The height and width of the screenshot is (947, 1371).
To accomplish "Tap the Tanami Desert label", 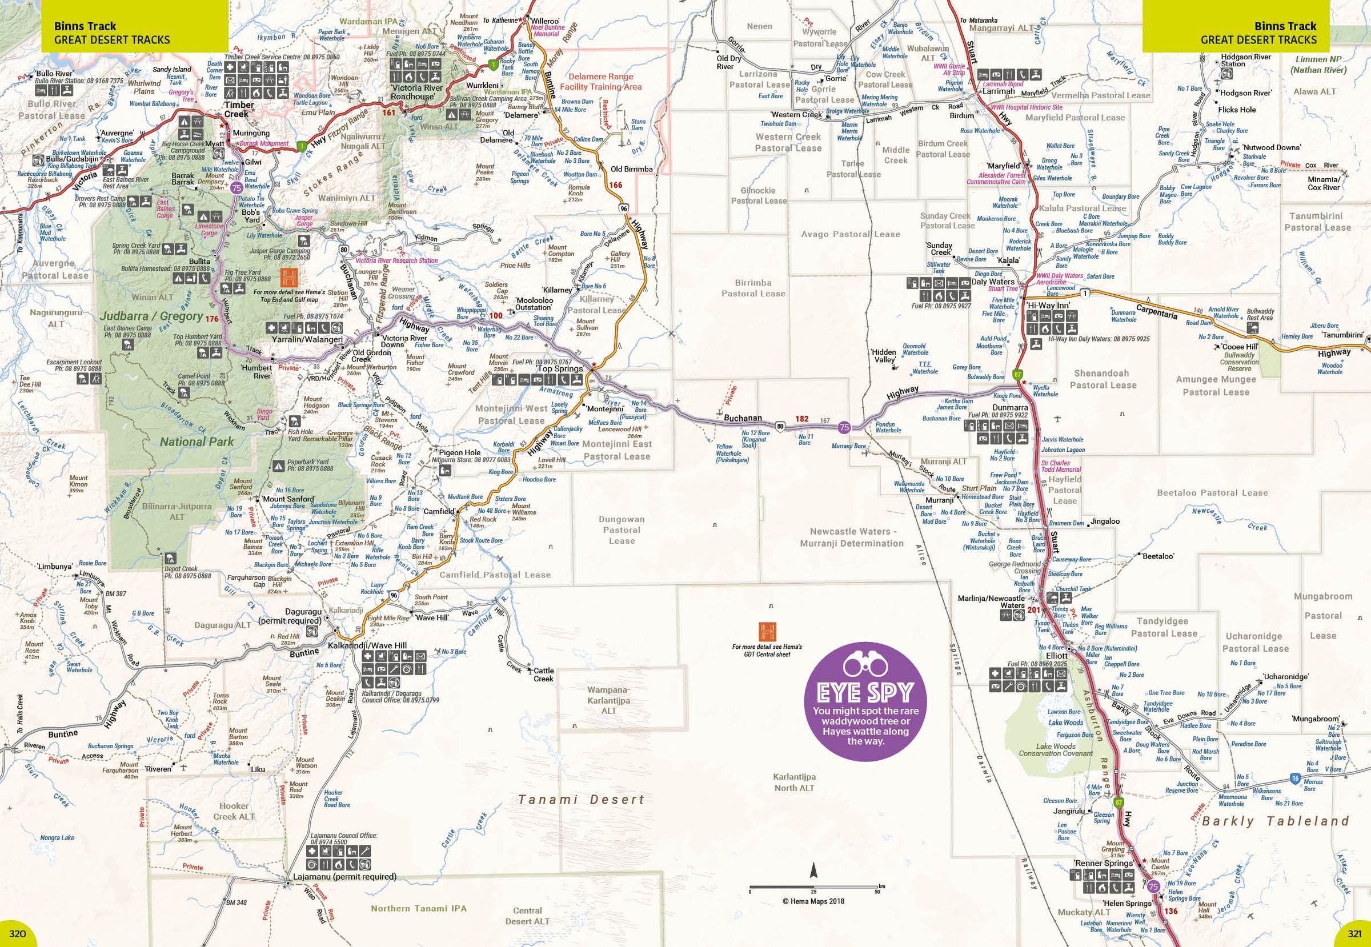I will coord(582,800).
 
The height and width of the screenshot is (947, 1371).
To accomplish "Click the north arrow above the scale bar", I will coord(814,871).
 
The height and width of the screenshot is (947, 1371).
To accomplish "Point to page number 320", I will coord(17,934).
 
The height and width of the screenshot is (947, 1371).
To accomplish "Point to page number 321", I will coord(1354,934).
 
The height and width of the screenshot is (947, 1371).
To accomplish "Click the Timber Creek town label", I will coord(239,109).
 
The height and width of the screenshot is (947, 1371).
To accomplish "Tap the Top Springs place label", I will coord(560,368).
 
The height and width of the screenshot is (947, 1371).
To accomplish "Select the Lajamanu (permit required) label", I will coord(345,876).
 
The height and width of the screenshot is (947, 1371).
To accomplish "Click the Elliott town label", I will coord(1057,656).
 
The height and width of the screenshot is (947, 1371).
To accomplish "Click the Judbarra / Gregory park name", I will coord(152,316).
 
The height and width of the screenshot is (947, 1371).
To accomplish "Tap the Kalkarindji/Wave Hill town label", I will coord(367,645).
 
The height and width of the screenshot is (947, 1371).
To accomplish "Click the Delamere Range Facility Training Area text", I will coord(604,81).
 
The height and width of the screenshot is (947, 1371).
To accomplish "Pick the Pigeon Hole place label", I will coord(460,452).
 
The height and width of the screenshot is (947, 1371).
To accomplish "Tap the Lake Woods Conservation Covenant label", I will coord(1055,750).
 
